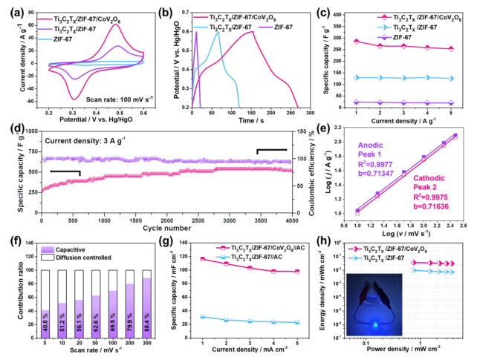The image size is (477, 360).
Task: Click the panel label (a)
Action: (10, 9)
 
